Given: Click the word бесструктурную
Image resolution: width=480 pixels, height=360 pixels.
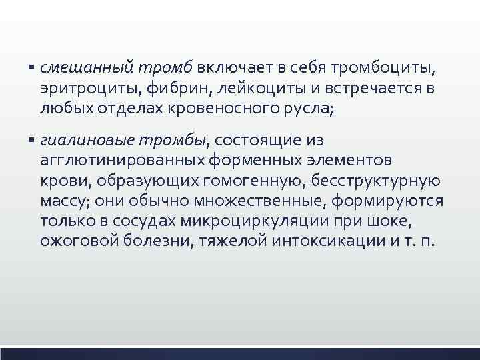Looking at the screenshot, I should pyautogui.click(x=378, y=181).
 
